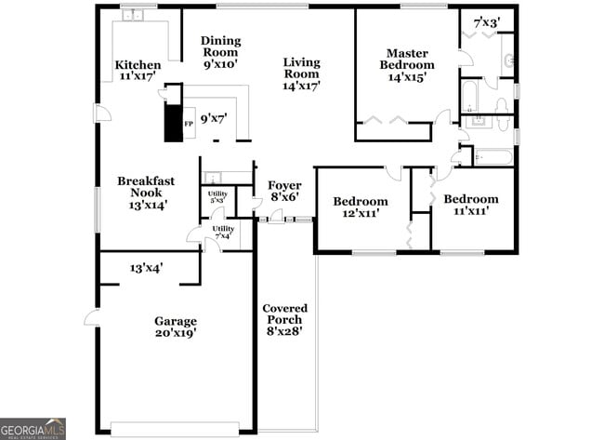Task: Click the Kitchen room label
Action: pos(138,71)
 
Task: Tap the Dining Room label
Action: pos(221,52)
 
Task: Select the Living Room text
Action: pos(302,73)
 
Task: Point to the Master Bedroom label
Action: pos(410,65)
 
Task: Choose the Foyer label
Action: pos(284,191)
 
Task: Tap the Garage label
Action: pos(175,327)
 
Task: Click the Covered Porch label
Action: pos(284,318)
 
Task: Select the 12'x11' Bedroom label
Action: pos(361,207)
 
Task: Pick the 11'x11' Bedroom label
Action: pos(470,205)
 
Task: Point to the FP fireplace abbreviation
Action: pos(189,123)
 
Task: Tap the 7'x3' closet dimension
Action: pos(486,21)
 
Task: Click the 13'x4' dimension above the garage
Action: pos(147,268)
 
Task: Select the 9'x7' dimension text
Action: pos(214,117)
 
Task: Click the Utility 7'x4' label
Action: pos(223,232)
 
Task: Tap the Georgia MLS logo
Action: pos(33,429)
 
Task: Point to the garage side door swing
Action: pos(92,318)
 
